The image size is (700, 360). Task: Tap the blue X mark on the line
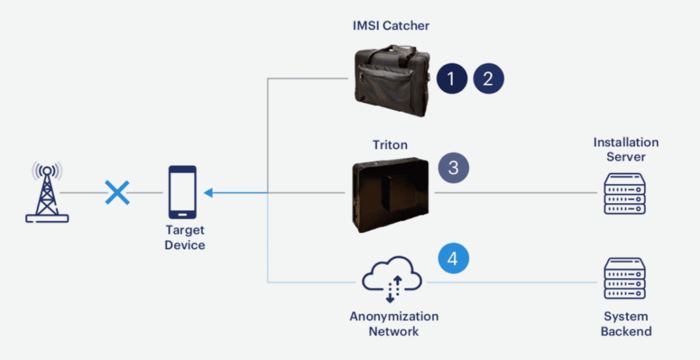point(117,193)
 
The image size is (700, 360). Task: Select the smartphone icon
point(183,192)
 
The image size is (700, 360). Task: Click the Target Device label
point(185,237)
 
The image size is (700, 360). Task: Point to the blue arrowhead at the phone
point(208,193)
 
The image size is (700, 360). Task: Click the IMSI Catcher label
point(391,26)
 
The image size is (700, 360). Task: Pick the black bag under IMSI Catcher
point(392,80)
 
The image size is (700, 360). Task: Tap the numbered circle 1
point(450,79)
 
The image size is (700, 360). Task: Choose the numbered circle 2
point(488,79)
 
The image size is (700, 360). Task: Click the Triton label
point(391,145)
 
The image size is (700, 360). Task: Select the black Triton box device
point(390,194)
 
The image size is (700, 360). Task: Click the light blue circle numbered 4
point(453,259)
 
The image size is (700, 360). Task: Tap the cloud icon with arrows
point(392,279)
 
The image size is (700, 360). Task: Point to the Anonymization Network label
point(394,324)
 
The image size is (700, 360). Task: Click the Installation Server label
point(625,150)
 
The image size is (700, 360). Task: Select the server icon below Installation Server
point(625,193)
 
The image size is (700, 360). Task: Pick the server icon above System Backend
point(625,280)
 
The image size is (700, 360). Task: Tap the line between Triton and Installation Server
point(516,193)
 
